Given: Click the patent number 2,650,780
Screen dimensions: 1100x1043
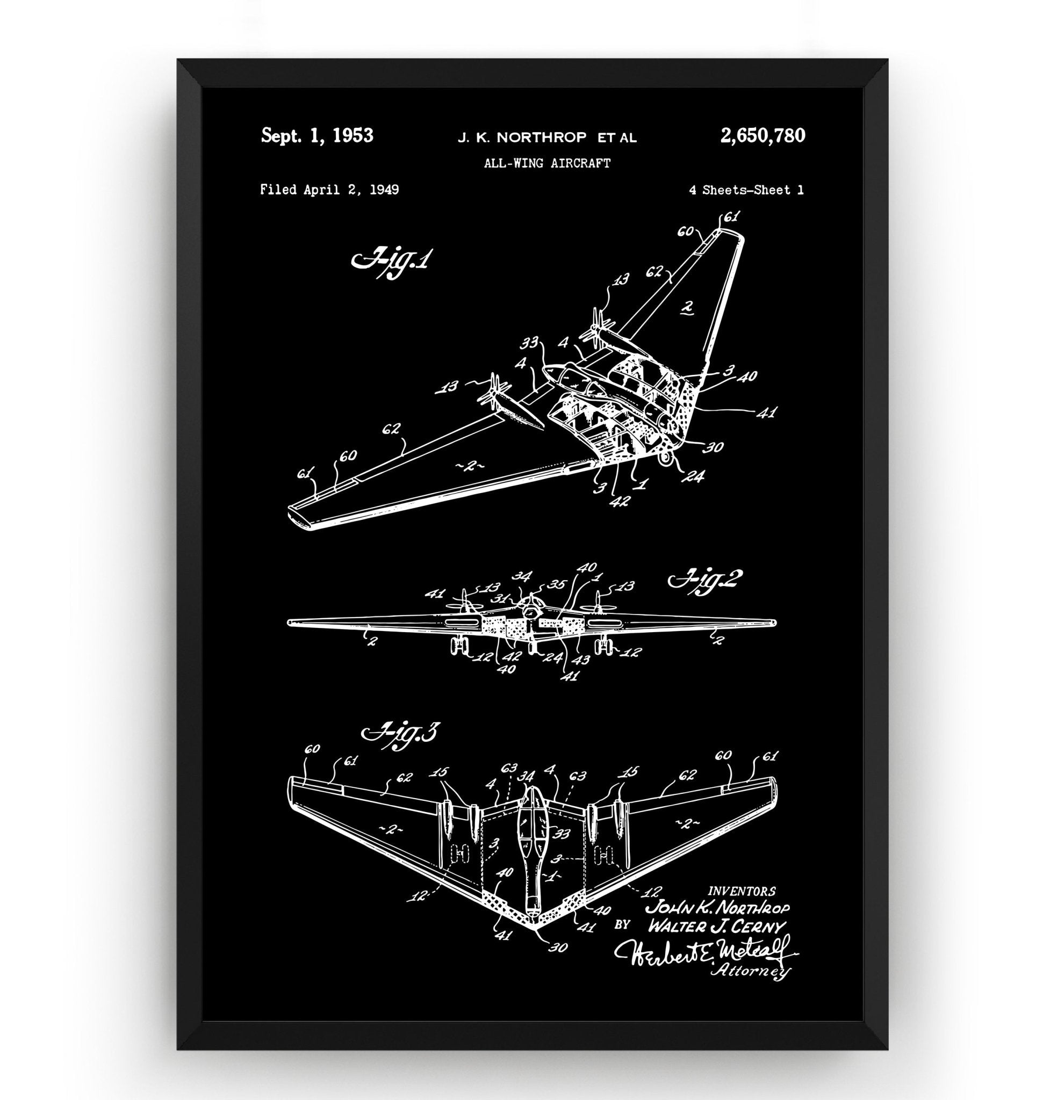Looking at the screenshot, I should pos(763,136).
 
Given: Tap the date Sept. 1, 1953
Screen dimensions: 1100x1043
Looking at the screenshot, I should pos(317,136).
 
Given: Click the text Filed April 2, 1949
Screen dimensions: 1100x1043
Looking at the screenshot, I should pos(329,190).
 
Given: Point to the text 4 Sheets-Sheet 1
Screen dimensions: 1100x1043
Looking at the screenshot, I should pos(746,190).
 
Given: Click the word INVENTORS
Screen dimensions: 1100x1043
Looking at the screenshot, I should pos(742,892).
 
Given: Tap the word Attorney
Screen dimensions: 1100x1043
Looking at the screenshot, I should pos(750,971).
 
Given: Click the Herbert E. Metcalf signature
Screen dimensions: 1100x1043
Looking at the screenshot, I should pos(705,952).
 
